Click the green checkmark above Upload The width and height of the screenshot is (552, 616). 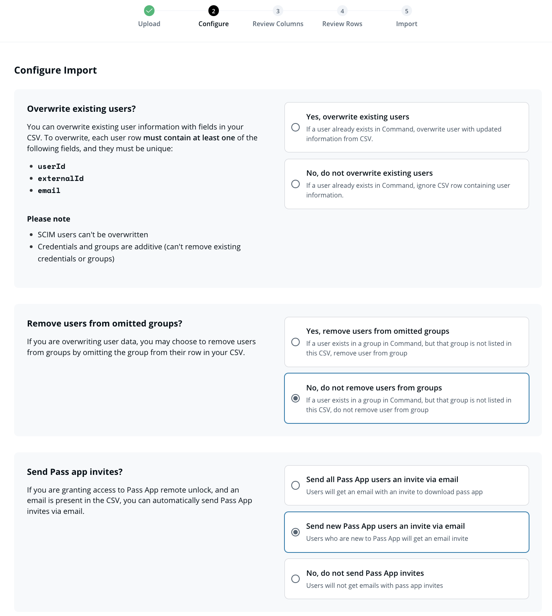pyautogui.click(x=149, y=11)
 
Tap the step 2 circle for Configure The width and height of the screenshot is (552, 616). pyautogui.click(x=214, y=11)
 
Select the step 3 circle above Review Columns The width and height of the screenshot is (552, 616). pyautogui.click(x=278, y=11)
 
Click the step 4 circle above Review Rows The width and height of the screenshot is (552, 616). pyautogui.click(x=342, y=11)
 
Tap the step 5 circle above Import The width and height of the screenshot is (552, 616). pyautogui.click(x=406, y=11)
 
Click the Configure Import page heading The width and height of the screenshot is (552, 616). pyautogui.click(x=56, y=70)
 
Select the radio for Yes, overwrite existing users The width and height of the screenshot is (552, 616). pyautogui.click(x=296, y=127)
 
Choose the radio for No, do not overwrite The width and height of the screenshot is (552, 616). pyautogui.click(x=296, y=184)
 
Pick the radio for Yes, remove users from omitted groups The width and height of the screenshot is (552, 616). pyautogui.click(x=296, y=342)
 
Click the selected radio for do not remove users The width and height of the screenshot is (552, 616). pyautogui.click(x=296, y=398)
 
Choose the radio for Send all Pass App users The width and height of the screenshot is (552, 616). pyautogui.click(x=296, y=485)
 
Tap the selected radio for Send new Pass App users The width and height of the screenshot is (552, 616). pyautogui.click(x=296, y=532)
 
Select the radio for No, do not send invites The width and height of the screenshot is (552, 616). pyautogui.click(x=296, y=579)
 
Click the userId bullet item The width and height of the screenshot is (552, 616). pyautogui.click(x=51, y=166)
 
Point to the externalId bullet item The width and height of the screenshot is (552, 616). pyautogui.click(x=61, y=179)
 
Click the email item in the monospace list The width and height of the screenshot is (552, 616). pyautogui.click(x=49, y=191)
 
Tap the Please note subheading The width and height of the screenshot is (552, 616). pyautogui.click(x=49, y=219)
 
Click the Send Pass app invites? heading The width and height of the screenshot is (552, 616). pyautogui.click(x=75, y=472)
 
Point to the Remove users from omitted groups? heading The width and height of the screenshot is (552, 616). pyautogui.click(x=105, y=324)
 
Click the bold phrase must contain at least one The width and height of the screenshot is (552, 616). pyautogui.click(x=189, y=138)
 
